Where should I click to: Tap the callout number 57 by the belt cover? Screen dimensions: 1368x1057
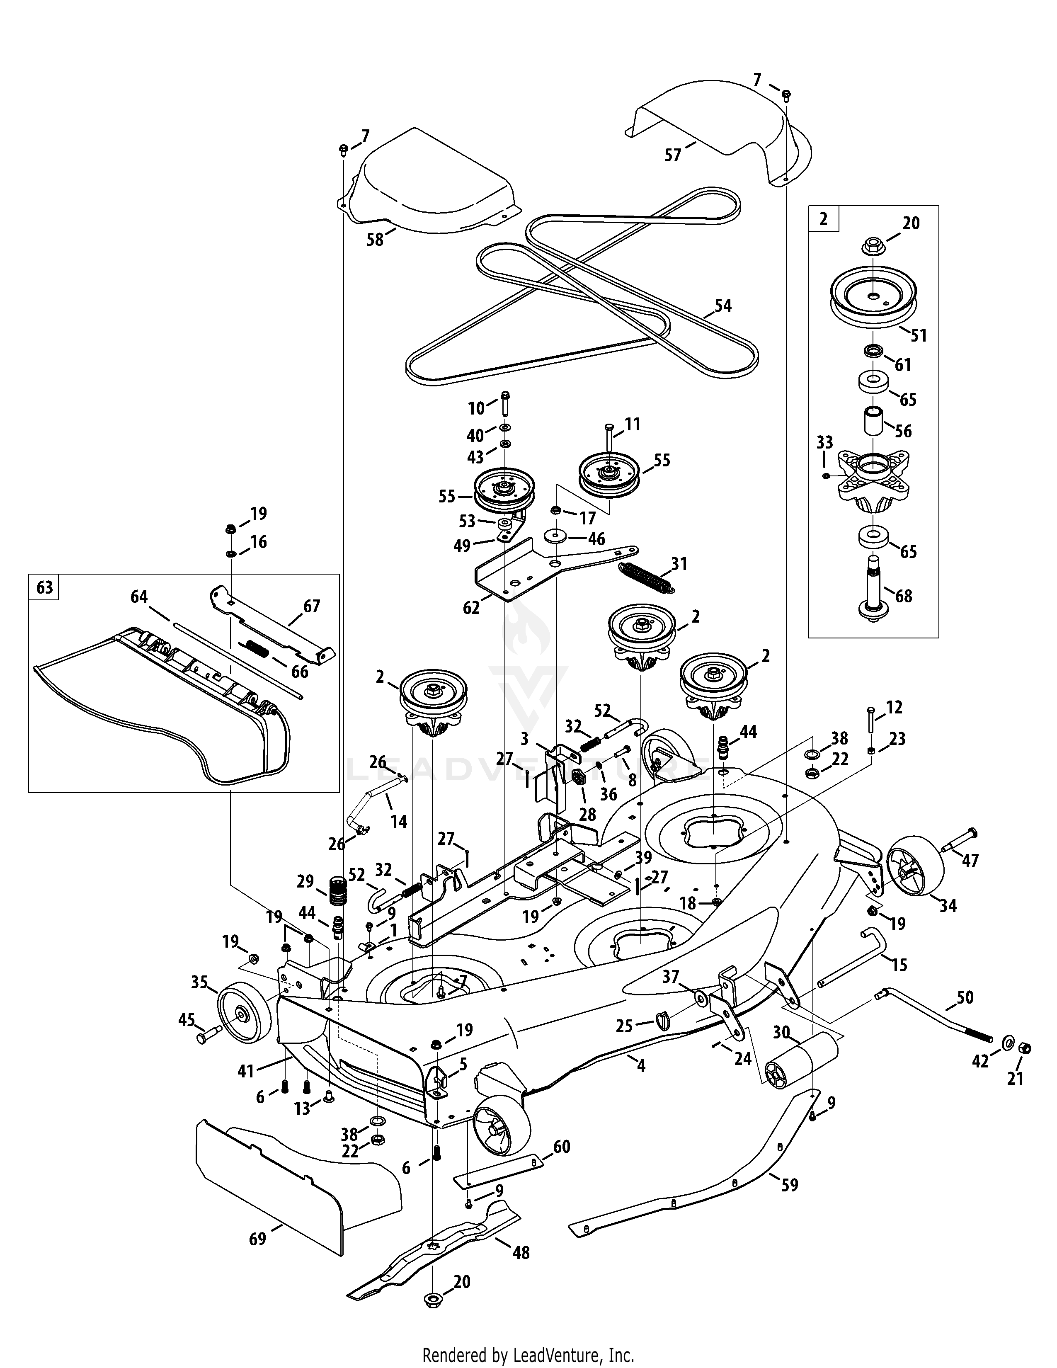672,154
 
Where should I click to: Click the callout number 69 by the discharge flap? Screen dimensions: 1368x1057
257,1238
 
